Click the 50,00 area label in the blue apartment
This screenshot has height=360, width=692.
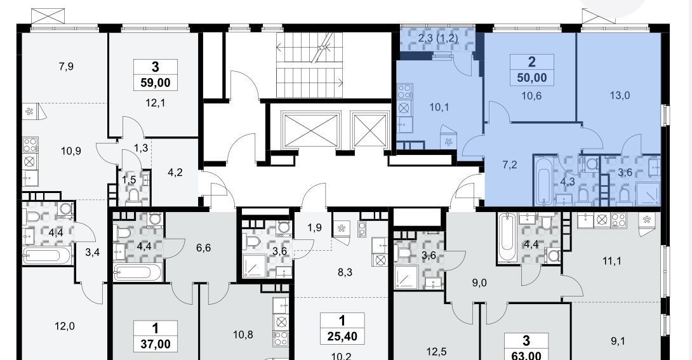tap(532, 78)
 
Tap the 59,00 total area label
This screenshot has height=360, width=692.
tap(156, 83)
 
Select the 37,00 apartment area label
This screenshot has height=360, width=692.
tap(156, 343)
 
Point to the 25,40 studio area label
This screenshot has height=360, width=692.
tap(342, 336)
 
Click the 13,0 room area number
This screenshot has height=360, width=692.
tap(620, 95)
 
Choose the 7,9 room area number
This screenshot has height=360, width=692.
tap(66, 67)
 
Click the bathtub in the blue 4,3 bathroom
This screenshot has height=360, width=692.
tap(543, 181)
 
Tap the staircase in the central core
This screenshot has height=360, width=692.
tap(310, 65)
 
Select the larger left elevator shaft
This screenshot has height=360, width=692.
tap(310, 130)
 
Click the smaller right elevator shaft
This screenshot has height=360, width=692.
tap(369, 130)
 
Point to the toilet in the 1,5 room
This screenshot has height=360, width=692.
tap(133, 194)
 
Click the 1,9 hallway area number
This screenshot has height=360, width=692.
tap(314, 228)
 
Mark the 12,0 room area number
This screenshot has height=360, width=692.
tap(64, 326)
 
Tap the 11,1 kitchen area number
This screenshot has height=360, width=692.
tap(611, 261)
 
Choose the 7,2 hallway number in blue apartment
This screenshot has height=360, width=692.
tap(509, 165)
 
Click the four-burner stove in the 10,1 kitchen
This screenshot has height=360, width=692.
tap(404, 92)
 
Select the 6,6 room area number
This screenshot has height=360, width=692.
tap(203, 248)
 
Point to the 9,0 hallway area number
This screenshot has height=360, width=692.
tap(479, 283)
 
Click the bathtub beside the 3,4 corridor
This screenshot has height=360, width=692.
tap(47, 255)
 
